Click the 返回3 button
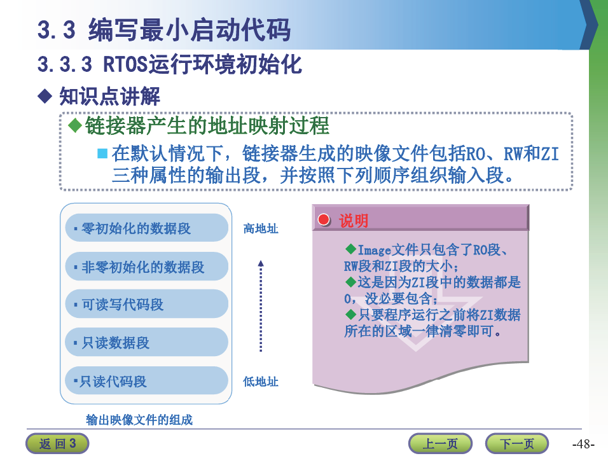(57, 443)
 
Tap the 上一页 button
(440, 443)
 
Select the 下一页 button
(517, 443)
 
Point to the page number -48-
(583, 444)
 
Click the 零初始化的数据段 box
(146, 228)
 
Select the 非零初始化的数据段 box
(146, 266)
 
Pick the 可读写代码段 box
(146, 305)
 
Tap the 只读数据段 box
(146, 342)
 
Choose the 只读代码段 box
(146, 381)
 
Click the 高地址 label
(261, 228)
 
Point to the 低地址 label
(261, 382)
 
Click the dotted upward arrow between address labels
(261, 306)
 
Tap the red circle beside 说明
(324, 219)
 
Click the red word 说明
(353, 221)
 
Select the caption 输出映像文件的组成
(139, 420)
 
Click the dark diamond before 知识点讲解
(45, 96)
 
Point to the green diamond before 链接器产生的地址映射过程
(75, 125)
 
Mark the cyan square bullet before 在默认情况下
(102, 153)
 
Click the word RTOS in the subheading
(126, 64)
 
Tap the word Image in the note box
(374, 250)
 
